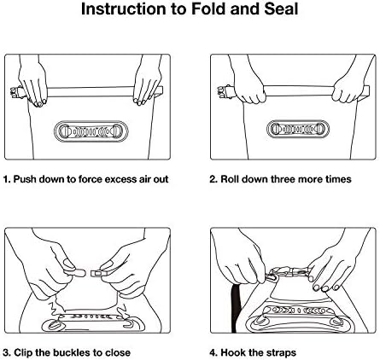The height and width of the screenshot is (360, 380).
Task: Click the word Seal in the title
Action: [x=281, y=9]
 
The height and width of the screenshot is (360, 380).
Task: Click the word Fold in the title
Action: [x=208, y=9]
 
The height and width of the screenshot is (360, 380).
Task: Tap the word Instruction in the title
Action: [x=124, y=9]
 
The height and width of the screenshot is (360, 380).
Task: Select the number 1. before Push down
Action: [x=7, y=179]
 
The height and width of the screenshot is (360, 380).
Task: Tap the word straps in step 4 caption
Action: [x=280, y=353]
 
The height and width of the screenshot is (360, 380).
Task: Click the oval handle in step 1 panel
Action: [x=91, y=131]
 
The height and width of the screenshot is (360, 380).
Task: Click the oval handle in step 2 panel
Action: [x=298, y=130]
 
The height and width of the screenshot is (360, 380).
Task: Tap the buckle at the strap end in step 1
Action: [x=16, y=92]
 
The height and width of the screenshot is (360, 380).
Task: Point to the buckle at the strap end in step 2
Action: [x=223, y=91]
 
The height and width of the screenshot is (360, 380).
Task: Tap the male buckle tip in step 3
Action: [x=77, y=273]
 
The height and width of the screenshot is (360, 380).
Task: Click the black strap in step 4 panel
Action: [x=236, y=308]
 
